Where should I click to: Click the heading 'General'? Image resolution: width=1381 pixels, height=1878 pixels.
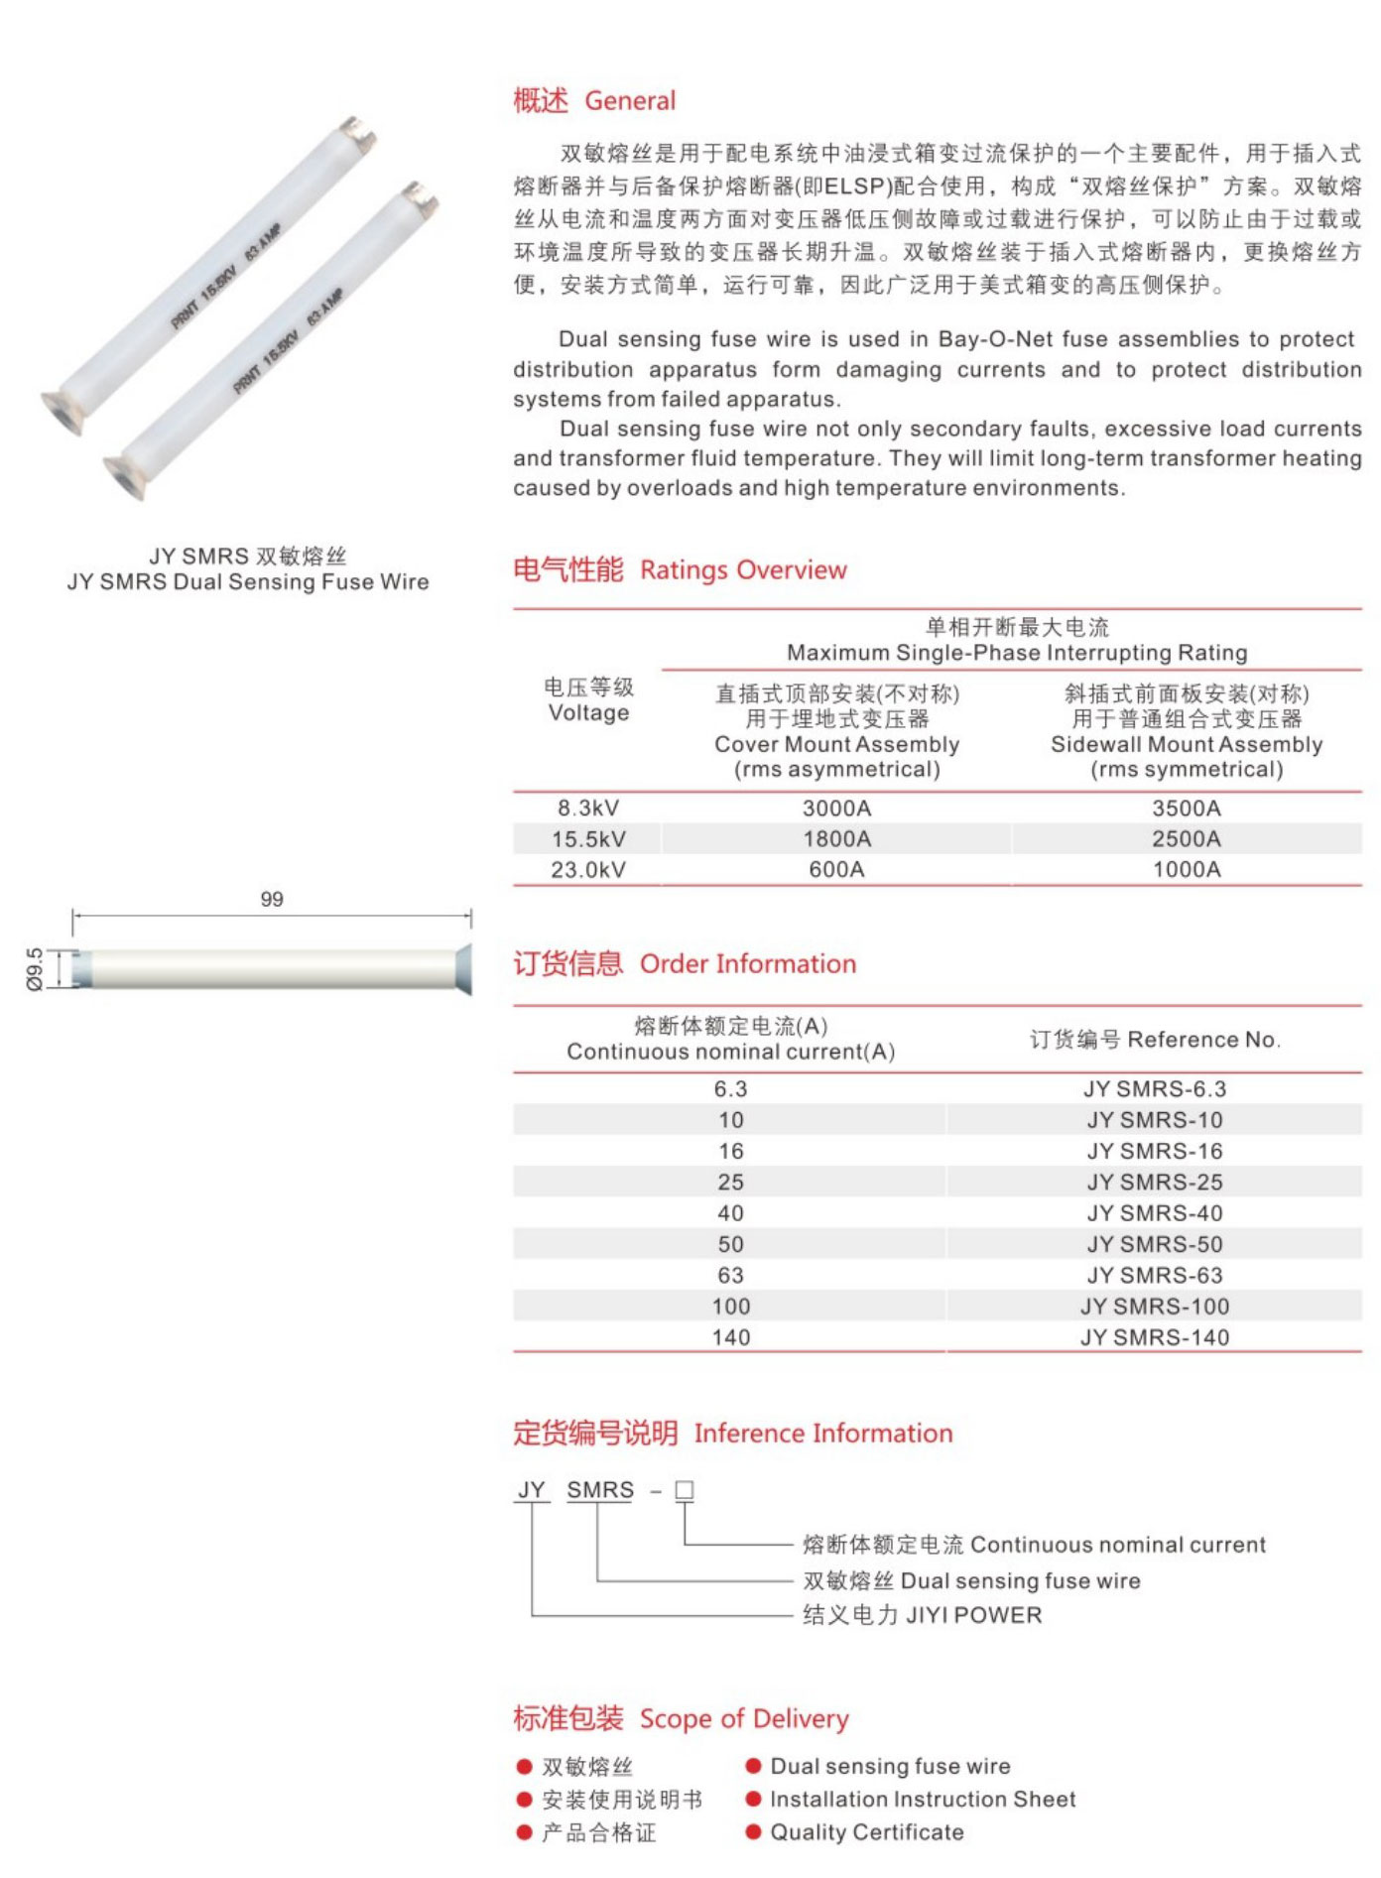pyautogui.click(x=629, y=100)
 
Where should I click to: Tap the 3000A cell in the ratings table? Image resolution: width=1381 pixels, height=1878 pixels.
pyautogui.click(x=836, y=809)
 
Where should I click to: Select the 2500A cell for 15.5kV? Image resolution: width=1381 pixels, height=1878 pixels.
pyautogui.click(x=1186, y=839)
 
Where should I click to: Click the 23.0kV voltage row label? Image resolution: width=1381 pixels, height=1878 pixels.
pyautogui.click(x=588, y=870)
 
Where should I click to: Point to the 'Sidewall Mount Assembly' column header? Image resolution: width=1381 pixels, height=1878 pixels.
pyautogui.click(x=1186, y=744)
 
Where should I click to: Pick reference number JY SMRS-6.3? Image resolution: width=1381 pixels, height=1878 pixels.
pyautogui.click(x=1154, y=1089)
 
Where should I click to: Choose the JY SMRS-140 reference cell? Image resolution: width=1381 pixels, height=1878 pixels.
pyautogui.click(x=1154, y=1337)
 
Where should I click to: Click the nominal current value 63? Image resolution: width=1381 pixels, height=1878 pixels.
pyautogui.click(x=730, y=1276)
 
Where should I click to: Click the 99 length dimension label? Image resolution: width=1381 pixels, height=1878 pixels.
pyautogui.click(x=272, y=899)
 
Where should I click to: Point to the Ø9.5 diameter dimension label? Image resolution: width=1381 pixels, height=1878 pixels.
pyautogui.click(x=35, y=968)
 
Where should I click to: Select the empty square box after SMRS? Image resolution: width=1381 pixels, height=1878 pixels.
pyautogui.click(x=685, y=1490)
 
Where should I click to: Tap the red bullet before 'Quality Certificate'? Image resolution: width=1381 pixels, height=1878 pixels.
pyautogui.click(x=753, y=1832)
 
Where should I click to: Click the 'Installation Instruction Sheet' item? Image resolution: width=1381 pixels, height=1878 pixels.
pyautogui.click(x=923, y=1800)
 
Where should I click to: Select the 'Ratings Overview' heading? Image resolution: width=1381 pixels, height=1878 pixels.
pyautogui.click(x=743, y=570)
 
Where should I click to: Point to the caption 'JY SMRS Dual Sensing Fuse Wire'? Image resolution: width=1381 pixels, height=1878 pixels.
pyautogui.click(x=248, y=582)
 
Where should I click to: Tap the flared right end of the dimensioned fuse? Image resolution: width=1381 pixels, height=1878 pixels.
pyautogui.click(x=462, y=968)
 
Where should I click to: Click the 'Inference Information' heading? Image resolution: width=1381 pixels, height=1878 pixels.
pyautogui.click(x=822, y=1434)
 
